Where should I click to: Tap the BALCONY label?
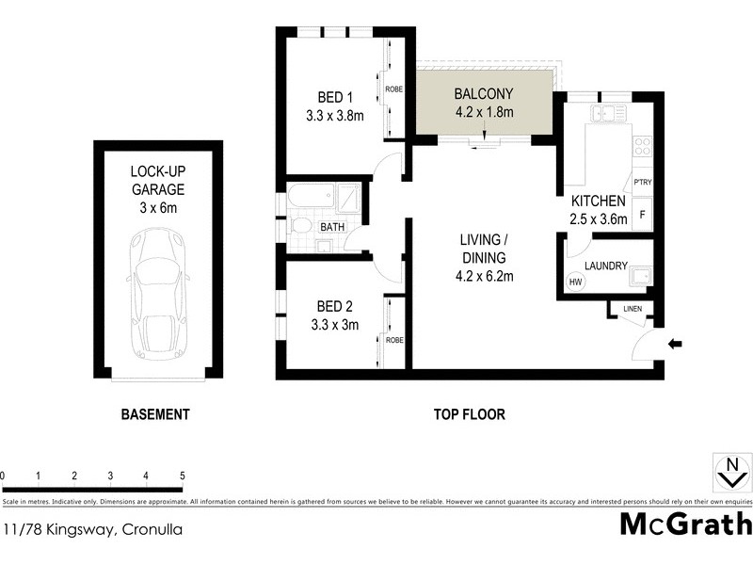[484, 94]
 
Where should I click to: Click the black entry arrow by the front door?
[674, 345]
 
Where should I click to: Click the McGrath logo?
[685, 524]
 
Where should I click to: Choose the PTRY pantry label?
[643, 182]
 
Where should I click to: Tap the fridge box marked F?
[643, 214]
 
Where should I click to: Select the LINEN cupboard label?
[631, 309]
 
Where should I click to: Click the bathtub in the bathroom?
[310, 199]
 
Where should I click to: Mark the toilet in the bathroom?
[299, 226]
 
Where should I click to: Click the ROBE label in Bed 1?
[394, 89]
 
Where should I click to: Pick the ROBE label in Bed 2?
[394, 340]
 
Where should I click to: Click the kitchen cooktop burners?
[643, 146]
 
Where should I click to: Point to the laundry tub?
[641, 277]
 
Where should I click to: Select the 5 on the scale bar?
[182, 476]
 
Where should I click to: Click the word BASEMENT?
[155, 414]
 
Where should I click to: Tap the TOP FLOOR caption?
[469, 414]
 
